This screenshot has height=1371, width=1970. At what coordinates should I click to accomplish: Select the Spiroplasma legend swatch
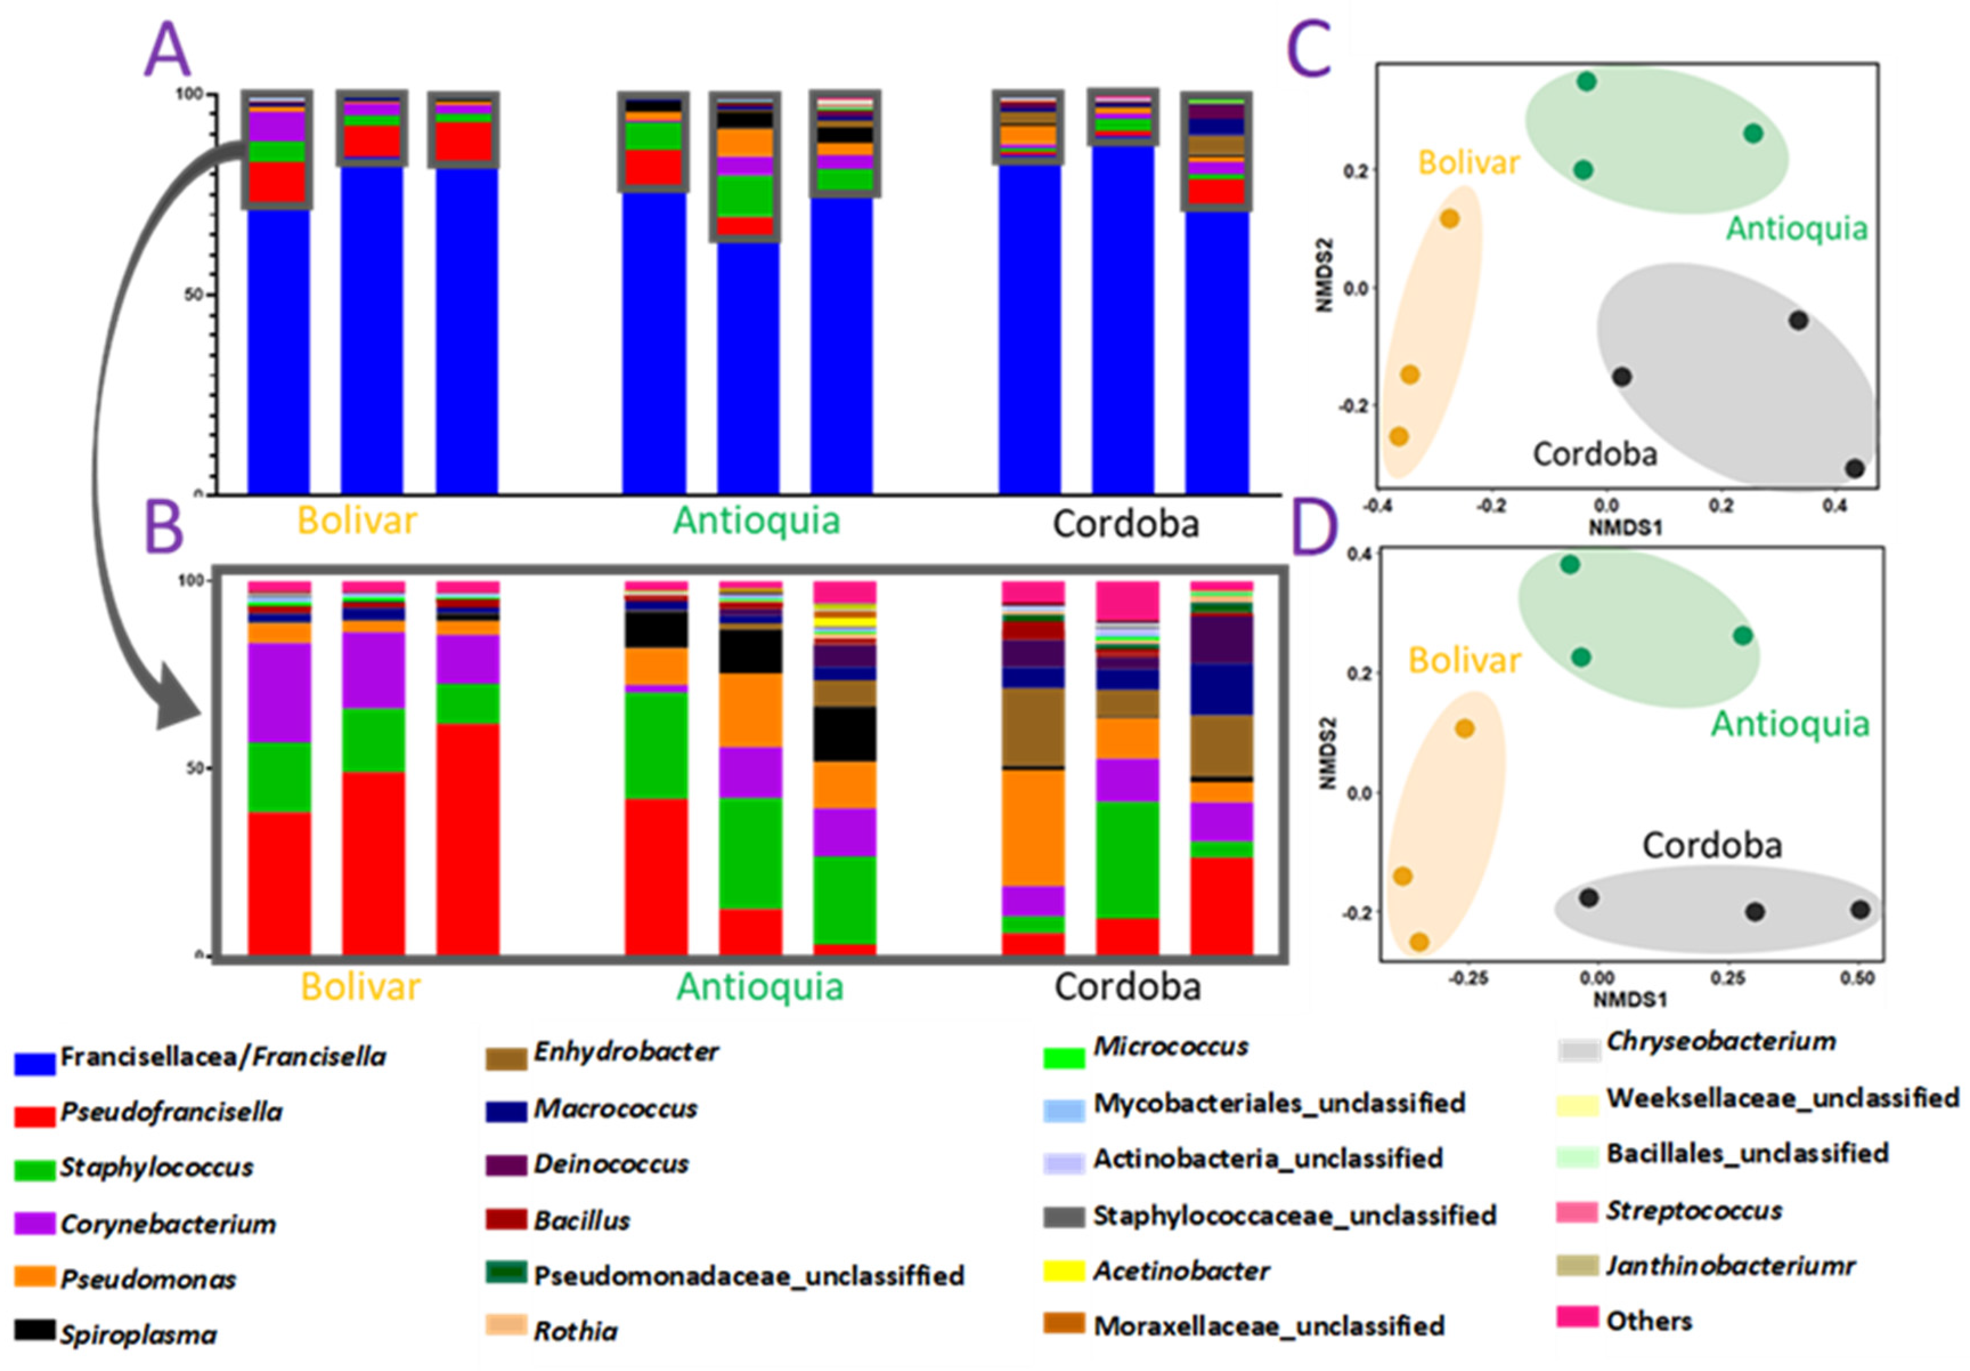[x=34, y=1330]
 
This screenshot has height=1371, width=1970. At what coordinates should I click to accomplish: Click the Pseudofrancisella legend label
[x=171, y=1112]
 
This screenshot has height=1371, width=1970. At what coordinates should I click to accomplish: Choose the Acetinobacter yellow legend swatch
[x=1064, y=1271]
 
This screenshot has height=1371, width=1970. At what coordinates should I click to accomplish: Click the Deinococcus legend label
[x=611, y=1164]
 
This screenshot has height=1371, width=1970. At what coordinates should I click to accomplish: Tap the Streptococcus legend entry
[x=1694, y=1211]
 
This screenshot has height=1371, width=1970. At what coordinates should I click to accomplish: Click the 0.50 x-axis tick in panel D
[x=1857, y=978]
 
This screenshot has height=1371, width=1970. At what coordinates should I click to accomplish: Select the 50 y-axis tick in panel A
[x=194, y=294]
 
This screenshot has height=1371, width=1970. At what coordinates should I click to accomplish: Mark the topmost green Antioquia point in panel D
[x=1569, y=564]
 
